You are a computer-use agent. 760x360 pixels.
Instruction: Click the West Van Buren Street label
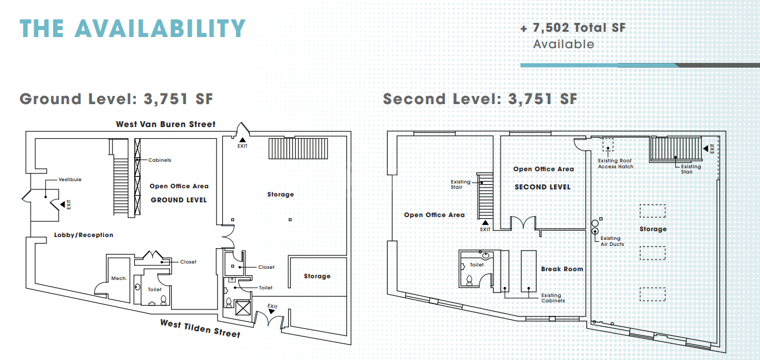(x=165, y=125)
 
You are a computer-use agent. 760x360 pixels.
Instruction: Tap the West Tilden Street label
(x=200, y=329)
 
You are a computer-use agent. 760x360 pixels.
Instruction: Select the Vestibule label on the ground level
(x=70, y=179)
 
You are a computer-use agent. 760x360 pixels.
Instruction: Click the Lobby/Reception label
(x=84, y=235)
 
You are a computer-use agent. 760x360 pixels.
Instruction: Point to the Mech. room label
(x=119, y=278)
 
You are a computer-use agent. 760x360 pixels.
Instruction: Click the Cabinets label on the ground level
(x=159, y=160)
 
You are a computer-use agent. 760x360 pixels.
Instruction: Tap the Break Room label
(x=562, y=269)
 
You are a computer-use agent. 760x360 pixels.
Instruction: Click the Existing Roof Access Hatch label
(x=615, y=164)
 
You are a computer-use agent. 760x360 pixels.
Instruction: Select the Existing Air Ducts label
(x=612, y=241)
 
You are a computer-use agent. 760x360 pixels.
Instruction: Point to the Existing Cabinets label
(x=553, y=298)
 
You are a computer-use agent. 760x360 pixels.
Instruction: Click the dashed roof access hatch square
(x=608, y=145)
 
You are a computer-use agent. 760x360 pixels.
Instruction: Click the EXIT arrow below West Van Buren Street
(x=242, y=139)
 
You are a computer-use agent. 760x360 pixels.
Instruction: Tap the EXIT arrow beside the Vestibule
(x=62, y=205)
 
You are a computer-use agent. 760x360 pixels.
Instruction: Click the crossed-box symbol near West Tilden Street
(x=243, y=308)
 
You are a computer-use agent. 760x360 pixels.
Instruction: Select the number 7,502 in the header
(x=551, y=28)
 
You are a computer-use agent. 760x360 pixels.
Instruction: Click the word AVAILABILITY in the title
(x=160, y=28)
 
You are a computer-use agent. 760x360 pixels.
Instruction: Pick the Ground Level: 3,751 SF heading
(x=116, y=99)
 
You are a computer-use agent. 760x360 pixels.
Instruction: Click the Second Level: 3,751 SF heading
(x=480, y=99)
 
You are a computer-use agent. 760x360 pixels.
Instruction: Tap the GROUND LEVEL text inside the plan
(x=179, y=200)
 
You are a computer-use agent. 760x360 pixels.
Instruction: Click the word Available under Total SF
(x=564, y=45)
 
